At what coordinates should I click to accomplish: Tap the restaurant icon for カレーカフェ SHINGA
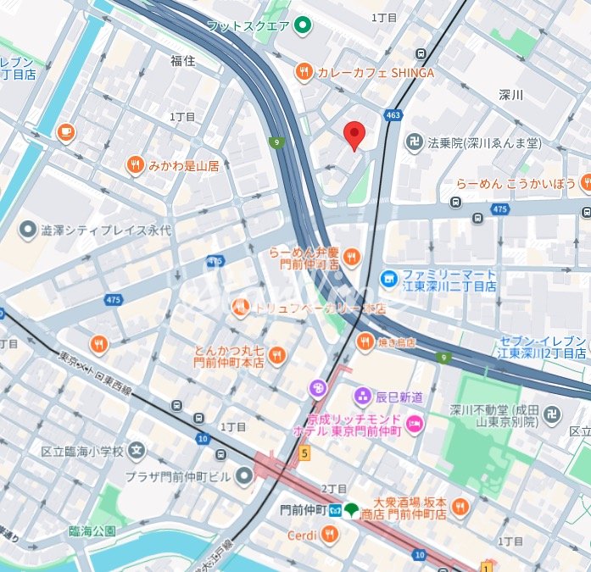[x=304, y=72]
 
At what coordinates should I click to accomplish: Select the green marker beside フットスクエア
[x=303, y=25]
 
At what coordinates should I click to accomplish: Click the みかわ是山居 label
[x=184, y=166]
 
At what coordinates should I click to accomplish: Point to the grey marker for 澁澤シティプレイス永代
[x=28, y=230]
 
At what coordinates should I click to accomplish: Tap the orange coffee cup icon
[x=65, y=132]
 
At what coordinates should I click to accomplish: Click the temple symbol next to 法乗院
[x=415, y=142]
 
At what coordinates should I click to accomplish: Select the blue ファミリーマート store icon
[x=389, y=277]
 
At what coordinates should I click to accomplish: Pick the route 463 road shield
[x=392, y=114]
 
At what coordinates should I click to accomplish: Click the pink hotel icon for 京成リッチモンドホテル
[x=415, y=423]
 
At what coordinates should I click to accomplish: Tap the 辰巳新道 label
[x=399, y=396]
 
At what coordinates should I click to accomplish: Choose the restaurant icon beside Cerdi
[x=330, y=535]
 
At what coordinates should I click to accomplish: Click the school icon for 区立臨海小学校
[x=137, y=452]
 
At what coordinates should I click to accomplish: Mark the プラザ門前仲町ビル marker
[x=244, y=476]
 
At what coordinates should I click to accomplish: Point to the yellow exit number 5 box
[x=304, y=453]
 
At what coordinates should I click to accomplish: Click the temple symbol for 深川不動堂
[x=552, y=414]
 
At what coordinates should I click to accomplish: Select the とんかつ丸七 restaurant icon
[x=276, y=356]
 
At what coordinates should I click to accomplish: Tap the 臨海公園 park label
[x=92, y=531]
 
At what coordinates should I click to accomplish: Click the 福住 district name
[x=182, y=60]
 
